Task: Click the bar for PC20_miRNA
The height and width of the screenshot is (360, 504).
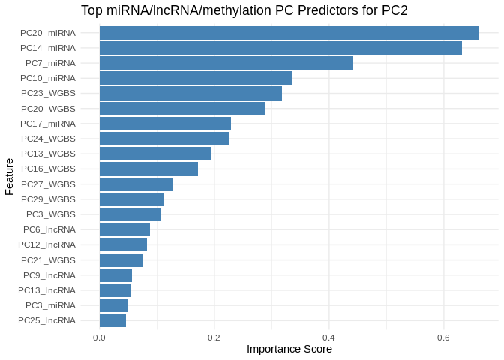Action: point(289,33)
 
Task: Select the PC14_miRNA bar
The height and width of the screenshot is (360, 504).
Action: point(280,48)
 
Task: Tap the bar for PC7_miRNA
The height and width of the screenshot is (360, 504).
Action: point(226,63)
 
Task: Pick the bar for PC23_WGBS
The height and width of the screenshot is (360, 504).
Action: point(190,93)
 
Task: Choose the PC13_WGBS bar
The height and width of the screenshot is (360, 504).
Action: point(154,154)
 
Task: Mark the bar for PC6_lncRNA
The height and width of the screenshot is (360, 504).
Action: point(124,229)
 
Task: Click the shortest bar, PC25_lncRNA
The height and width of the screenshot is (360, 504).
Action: point(112,320)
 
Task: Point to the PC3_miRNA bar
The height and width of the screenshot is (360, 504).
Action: point(114,305)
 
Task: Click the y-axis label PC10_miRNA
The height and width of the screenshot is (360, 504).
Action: point(48,78)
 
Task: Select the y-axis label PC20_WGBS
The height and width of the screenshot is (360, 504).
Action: point(48,109)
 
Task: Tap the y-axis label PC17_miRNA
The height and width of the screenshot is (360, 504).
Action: point(48,124)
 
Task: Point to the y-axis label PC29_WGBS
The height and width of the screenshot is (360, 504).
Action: point(48,199)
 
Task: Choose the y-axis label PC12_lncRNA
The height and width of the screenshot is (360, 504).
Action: point(46,244)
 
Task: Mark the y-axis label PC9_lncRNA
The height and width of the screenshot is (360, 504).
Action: point(49,275)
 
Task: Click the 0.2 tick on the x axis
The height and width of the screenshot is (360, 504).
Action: point(214,337)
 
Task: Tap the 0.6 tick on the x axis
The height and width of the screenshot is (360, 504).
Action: point(443,337)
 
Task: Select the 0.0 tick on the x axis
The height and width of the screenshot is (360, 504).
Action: point(99,337)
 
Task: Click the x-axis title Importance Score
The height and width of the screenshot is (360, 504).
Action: point(289,349)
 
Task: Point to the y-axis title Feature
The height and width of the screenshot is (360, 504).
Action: point(9,176)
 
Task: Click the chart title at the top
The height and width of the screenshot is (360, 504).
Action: point(244,10)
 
